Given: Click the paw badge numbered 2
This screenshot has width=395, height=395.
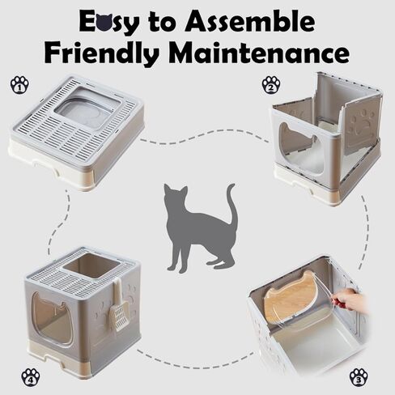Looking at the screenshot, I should click(x=272, y=84).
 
